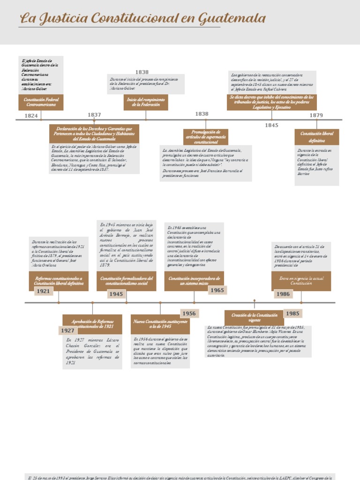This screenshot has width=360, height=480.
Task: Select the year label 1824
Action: click(x=31, y=115)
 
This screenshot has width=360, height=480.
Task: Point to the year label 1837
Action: click(x=94, y=115)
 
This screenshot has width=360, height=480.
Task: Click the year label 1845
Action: click(x=271, y=125)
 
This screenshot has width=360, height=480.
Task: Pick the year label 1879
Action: click(x=316, y=115)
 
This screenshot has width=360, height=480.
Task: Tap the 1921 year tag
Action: click(x=43, y=291)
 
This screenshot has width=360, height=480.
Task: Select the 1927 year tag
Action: click(x=67, y=330)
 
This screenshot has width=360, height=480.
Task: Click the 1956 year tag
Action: click(x=189, y=314)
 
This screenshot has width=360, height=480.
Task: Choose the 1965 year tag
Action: click(x=217, y=290)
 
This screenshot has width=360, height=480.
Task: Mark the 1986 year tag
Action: click(x=283, y=294)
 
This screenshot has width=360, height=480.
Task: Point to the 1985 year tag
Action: click(x=292, y=314)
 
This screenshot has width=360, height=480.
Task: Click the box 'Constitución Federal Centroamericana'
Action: click(x=41, y=102)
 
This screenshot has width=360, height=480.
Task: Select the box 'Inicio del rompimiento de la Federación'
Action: click(x=146, y=102)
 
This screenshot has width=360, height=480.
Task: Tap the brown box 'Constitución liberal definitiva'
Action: click(x=317, y=137)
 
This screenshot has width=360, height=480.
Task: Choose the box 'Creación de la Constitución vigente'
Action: click(x=255, y=318)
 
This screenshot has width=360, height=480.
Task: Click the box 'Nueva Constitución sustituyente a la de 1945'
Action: click(x=160, y=324)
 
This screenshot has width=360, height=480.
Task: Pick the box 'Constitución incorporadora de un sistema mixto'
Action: click(x=194, y=280)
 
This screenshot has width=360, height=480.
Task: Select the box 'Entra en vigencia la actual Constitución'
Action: click(x=301, y=281)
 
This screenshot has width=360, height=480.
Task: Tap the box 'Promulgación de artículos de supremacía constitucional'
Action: click(x=206, y=137)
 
